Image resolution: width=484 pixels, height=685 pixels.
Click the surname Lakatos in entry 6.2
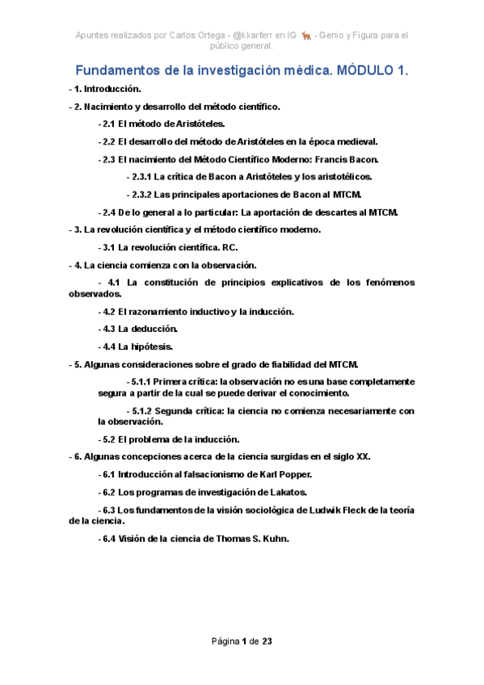[287, 492]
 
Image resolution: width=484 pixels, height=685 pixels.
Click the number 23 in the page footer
[267, 641]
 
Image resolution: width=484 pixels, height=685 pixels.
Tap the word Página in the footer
[225, 641]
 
